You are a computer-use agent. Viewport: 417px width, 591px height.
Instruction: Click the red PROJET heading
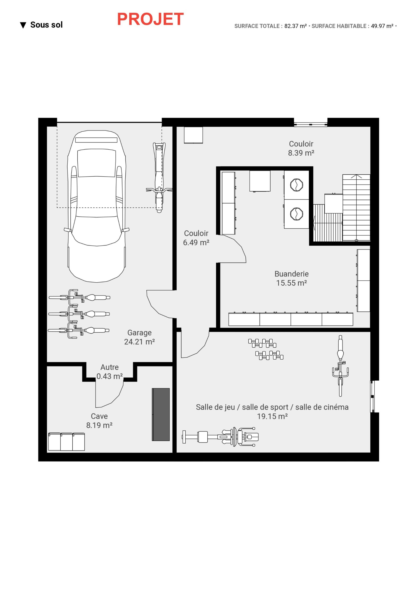(150, 19)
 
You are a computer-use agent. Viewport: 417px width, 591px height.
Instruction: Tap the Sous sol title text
(46, 25)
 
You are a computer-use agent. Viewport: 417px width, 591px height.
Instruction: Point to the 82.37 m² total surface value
(295, 26)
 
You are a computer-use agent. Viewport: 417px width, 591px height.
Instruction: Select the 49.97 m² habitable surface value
(382, 26)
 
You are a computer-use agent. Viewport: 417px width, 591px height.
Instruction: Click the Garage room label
(139, 337)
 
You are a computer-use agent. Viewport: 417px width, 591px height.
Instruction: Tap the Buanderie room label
(291, 278)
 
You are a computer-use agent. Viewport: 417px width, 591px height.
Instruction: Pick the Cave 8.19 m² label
(99, 420)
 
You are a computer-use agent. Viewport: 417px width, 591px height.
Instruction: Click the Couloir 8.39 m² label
(301, 148)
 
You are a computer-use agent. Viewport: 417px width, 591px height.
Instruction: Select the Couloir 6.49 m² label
(196, 238)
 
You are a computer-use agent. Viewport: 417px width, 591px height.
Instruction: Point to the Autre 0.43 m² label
(109, 372)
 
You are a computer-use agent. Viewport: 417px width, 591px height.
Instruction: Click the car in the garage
(96, 206)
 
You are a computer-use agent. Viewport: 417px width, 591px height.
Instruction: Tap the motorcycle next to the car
(159, 178)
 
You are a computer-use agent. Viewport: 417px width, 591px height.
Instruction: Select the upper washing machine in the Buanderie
(296, 184)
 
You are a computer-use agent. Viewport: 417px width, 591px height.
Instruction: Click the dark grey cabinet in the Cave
(161, 414)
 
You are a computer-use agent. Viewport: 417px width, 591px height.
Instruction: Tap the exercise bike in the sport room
(340, 365)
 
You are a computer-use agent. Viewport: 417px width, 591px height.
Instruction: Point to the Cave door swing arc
(109, 395)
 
